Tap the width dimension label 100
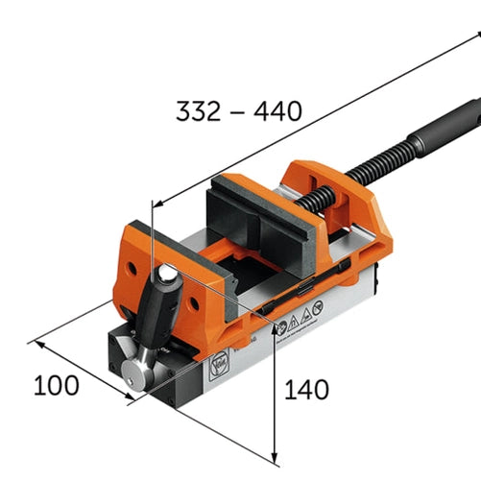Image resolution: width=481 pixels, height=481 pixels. [x=57, y=386]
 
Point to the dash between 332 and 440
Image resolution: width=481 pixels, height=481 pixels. [x=238, y=111]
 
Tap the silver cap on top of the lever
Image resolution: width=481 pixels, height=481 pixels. [x=168, y=276]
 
